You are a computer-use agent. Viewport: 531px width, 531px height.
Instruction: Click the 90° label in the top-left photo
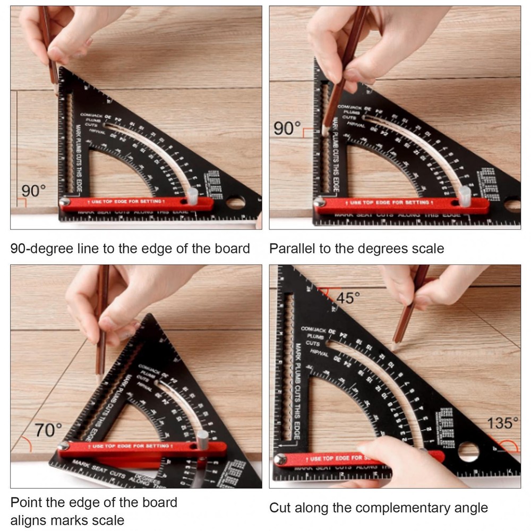[x=33, y=191]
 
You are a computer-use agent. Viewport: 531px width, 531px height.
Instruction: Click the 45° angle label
[x=348, y=298]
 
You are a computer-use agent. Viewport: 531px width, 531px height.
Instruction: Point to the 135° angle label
[x=502, y=423]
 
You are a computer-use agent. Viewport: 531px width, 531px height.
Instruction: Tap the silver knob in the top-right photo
[x=465, y=196]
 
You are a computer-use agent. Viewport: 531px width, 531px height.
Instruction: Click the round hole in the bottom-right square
[x=468, y=451]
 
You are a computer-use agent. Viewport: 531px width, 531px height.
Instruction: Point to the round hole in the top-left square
[x=235, y=202]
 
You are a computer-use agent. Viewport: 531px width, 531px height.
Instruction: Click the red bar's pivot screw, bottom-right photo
[x=280, y=459]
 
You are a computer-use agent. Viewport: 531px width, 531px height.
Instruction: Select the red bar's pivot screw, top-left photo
[x=65, y=202]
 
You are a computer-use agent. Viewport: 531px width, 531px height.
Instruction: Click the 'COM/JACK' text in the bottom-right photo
[x=313, y=329]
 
